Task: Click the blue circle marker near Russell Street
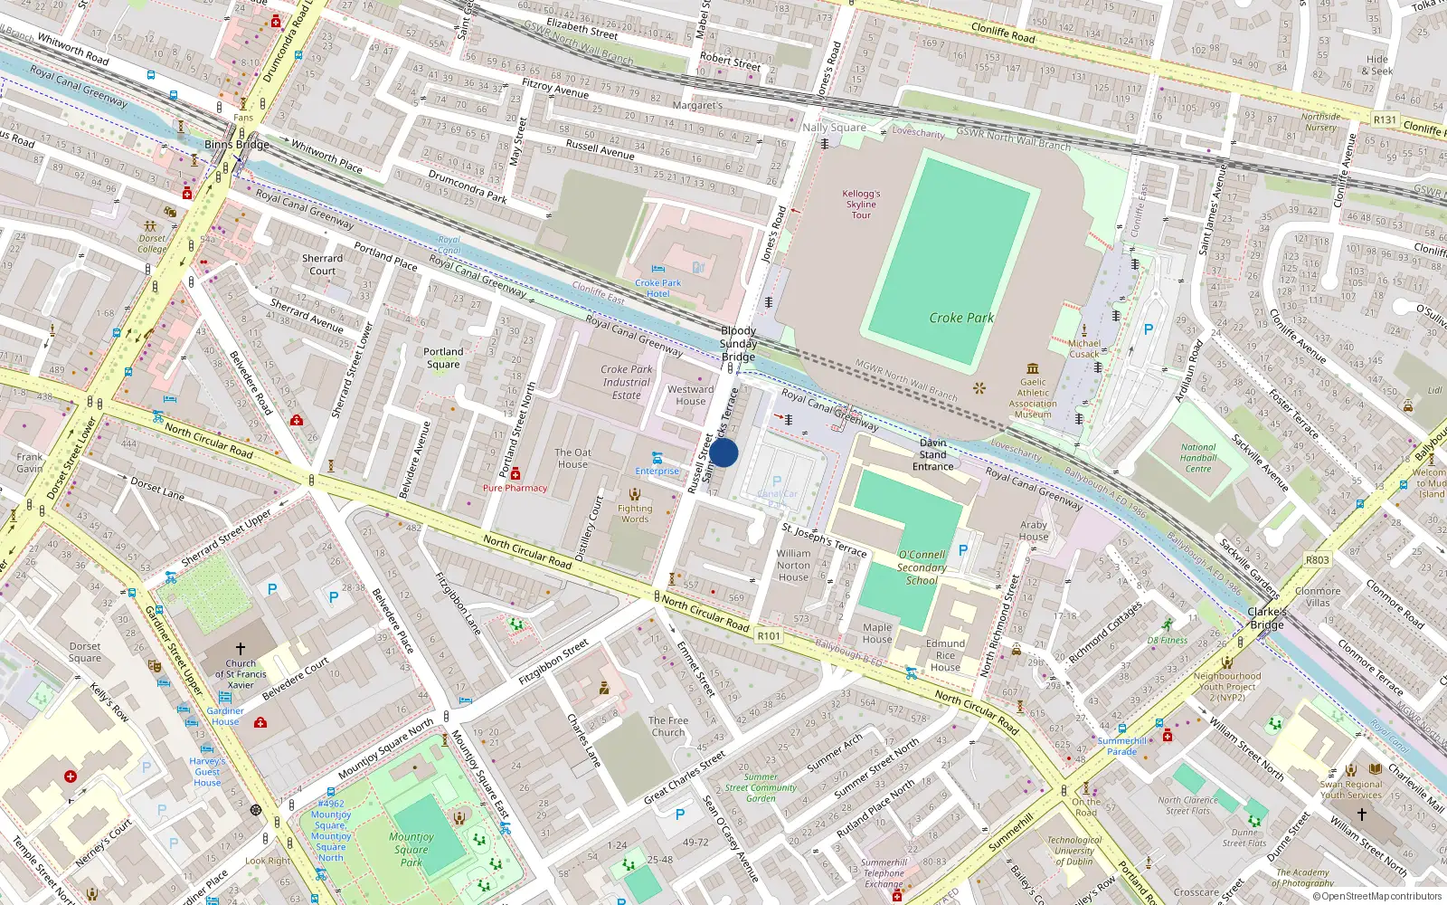[723, 453]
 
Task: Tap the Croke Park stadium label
[961, 318]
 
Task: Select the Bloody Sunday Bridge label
[738, 344]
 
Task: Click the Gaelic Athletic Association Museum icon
[1033, 368]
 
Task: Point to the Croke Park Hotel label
[657, 288]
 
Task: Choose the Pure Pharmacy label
[515, 488]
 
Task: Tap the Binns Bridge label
[237, 145]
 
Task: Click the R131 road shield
[1384, 119]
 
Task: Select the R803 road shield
[1317, 560]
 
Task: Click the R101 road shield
[769, 636]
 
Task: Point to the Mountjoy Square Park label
[411, 849]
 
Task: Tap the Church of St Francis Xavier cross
[241, 649]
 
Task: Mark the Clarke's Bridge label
[1266, 618]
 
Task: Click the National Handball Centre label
[1197, 458]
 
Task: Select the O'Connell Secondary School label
[922, 567]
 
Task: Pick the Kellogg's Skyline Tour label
[861, 205]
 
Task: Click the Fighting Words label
[635, 513]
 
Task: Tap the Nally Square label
[834, 128]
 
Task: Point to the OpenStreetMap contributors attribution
[1377, 897]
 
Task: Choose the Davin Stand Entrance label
[932, 454]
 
